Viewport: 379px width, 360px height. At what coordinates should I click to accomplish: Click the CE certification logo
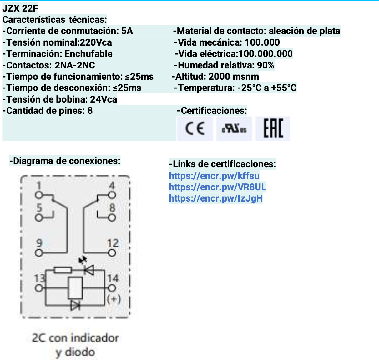(x=195, y=129)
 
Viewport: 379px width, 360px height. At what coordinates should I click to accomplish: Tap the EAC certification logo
(x=273, y=128)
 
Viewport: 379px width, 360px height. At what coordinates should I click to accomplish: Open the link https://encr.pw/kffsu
(x=214, y=176)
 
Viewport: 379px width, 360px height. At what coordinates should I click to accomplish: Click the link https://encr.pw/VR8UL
(x=218, y=187)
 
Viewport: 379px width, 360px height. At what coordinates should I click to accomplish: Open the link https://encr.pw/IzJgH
(x=216, y=198)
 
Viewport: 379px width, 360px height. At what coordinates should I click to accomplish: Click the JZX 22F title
(x=20, y=8)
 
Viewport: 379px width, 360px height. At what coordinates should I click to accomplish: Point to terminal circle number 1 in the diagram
(x=39, y=195)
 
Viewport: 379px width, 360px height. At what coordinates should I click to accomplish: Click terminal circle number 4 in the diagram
(x=112, y=195)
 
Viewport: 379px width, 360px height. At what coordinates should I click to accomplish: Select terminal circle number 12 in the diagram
(x=112, y=253)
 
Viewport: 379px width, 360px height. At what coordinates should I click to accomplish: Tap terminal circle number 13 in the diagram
(x=39, y=288)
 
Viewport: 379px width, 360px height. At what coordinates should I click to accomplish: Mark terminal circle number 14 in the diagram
(x=112, y=288)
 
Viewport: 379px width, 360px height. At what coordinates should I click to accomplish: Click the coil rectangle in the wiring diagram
(x=75, y=288)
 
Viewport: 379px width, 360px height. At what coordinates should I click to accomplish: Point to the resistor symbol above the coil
(x=63, y=270)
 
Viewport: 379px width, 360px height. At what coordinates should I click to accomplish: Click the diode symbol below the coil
(x=75, y=305)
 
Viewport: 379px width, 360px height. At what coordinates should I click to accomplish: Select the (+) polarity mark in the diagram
(x=114, y=299)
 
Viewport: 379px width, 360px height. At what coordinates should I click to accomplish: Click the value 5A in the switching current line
(x=127, y=31)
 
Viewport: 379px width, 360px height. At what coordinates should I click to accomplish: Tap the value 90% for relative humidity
(x=266, y=65)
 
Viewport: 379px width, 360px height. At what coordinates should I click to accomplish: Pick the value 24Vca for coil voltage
(x=104, y=99)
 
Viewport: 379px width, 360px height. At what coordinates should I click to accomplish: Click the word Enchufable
(x=88, y=54)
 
